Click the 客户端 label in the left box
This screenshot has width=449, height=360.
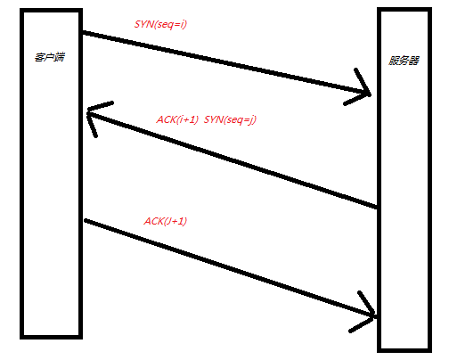50,57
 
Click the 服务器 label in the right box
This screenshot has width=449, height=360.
404,61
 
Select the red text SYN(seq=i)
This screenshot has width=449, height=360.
160,24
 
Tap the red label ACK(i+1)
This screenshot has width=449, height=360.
177,119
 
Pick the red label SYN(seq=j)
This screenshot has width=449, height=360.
230,119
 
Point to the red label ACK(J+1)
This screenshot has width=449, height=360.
166,221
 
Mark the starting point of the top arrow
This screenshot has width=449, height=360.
83,32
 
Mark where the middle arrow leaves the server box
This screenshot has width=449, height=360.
377,207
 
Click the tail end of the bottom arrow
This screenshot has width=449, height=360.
86,220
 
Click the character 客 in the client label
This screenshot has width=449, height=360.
40,57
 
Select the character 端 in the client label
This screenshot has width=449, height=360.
60,57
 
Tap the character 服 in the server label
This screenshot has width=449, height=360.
394,61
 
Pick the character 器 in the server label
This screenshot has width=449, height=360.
414,61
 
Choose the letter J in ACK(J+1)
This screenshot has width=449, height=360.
167,221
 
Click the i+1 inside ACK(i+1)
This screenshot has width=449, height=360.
187,119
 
